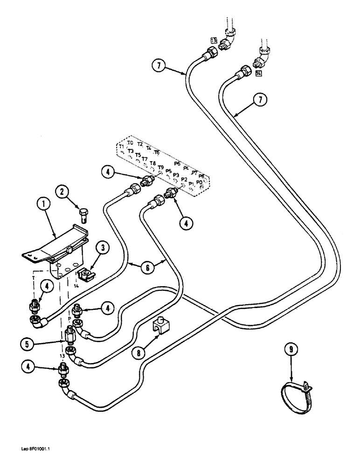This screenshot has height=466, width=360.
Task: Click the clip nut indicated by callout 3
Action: click(85, 275)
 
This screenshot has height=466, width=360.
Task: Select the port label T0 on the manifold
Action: click(131, 143)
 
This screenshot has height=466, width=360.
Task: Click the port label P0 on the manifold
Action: click(200, 182)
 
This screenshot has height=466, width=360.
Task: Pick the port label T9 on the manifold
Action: click(160, 168)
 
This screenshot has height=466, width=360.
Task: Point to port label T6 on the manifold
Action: click(157, 152)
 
